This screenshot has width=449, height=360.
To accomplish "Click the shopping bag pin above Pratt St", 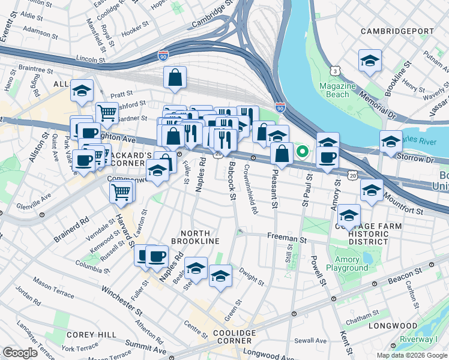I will click(x=175, y=77).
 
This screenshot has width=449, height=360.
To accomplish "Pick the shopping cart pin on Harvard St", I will click(x=121, y=192).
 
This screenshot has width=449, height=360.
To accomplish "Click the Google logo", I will click(x=20, y=353).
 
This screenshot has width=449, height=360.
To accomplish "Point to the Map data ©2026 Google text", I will click(x=411, y=355).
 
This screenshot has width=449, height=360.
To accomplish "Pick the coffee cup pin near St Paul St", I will click(x=328, y=157).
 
